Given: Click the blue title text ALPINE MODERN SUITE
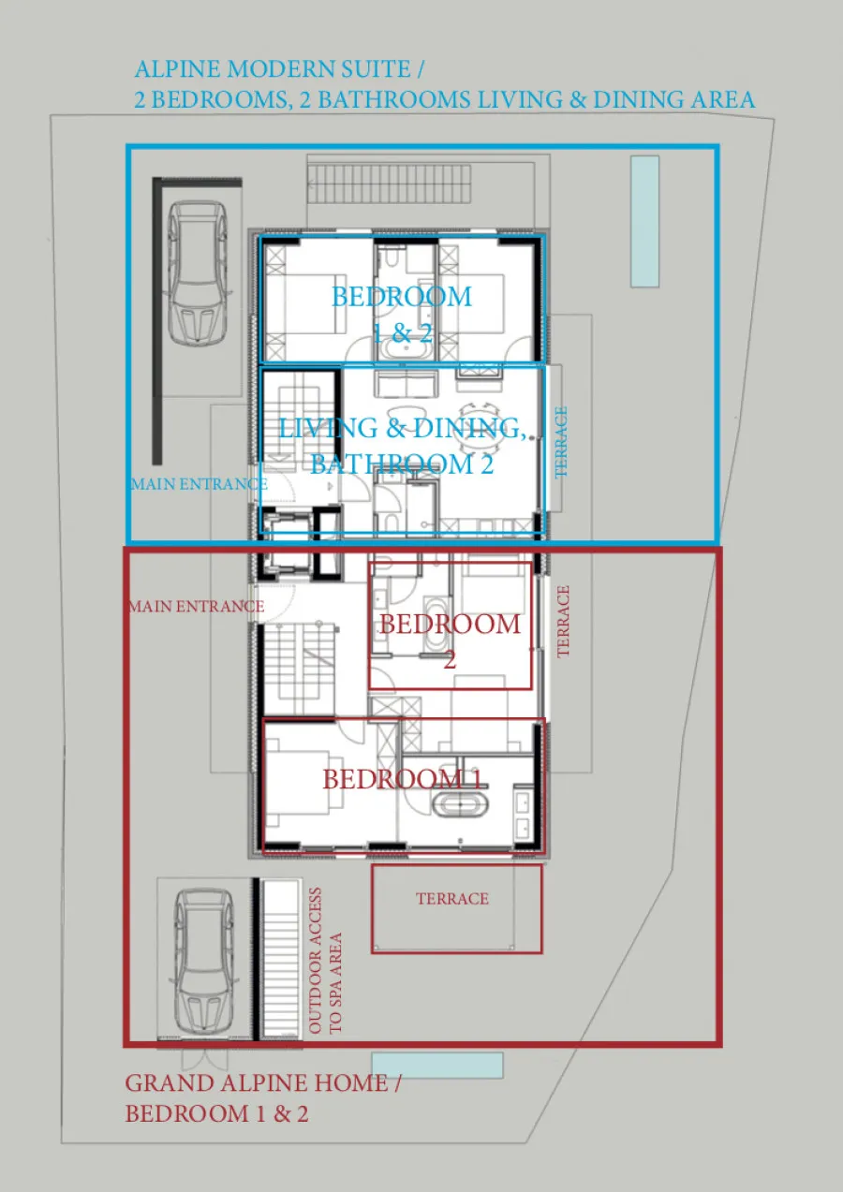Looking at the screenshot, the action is tap(273, 69).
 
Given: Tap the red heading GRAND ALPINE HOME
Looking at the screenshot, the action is tap(257, 1082).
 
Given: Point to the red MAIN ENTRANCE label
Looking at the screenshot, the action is tap(197, 606).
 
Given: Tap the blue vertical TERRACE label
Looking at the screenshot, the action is tap(561, 442).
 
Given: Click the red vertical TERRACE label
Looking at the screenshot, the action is tap(563, 622).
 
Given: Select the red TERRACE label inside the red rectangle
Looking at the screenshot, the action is tap(452, 899).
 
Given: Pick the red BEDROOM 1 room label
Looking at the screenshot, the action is tap(403, 779).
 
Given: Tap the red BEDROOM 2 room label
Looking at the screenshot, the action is tap(450, 641).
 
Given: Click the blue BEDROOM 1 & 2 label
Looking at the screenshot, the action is tap(402, 315).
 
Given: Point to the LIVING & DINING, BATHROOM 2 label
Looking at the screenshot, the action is tap(403, 446).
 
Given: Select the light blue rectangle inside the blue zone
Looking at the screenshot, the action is tap(645, 221).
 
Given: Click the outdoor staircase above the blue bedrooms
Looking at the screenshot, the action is tap(390, 184).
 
